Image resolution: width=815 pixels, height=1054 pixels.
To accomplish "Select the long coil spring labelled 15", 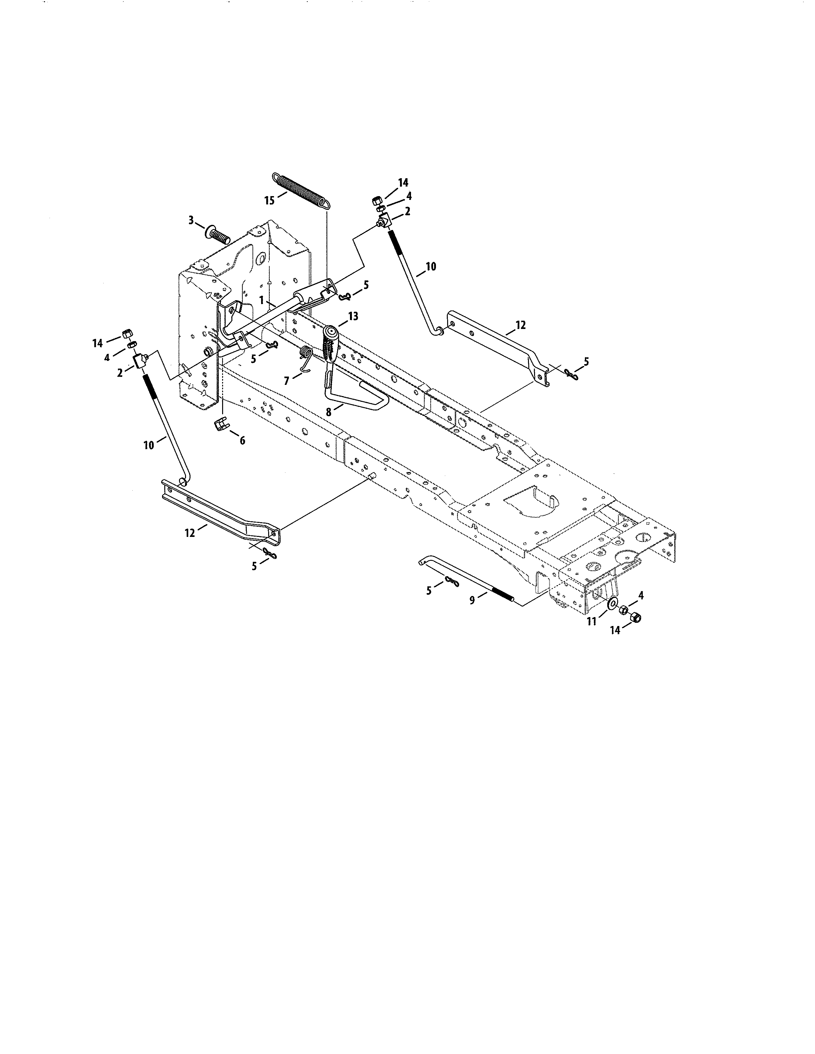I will pos(301,190).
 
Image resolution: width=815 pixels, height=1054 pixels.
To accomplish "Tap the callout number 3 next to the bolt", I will pos(191,221).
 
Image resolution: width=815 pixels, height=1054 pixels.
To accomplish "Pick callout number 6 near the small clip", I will pos(242,440).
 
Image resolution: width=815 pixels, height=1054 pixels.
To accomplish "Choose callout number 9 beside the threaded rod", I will pos(472,600).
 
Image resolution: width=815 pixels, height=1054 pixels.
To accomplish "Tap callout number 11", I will pos(592,622).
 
